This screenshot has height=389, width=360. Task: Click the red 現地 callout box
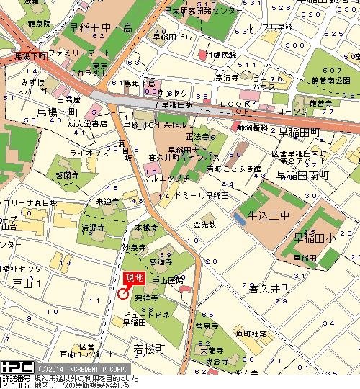135,277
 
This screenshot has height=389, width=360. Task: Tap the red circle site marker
123,293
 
